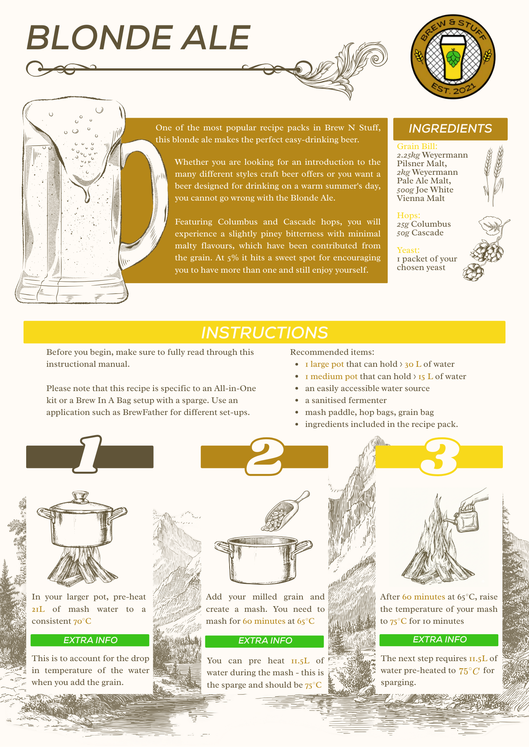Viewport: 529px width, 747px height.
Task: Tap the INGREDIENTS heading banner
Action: (450, 128)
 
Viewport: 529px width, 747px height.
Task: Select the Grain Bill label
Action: (417, 146)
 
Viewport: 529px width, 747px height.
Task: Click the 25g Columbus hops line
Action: (424, 224)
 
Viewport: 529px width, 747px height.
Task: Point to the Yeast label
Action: (408, 250)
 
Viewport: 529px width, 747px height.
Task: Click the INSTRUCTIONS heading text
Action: (264, 332)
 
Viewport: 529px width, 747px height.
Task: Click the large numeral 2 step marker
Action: (265, 456)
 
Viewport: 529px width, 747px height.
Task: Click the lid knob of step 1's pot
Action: (80, 496)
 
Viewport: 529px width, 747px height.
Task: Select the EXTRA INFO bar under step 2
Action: (264, 641)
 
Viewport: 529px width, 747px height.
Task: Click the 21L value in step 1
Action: (38, 609)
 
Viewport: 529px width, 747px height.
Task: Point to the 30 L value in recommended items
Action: (413, 364)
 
